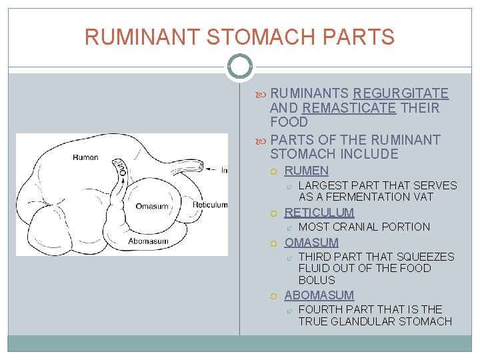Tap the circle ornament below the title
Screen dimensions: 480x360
point(239,67)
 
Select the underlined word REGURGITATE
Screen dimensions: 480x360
point(401,93)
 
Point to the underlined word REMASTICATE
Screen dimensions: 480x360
point(349,108)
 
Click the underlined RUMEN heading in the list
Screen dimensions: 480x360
point(307,171)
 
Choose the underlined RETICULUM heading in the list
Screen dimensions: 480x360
point(319,213)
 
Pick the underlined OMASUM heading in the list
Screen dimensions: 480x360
point(311,243)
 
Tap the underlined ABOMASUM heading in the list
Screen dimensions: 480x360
point(319,295)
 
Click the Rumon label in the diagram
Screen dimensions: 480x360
point(86,158)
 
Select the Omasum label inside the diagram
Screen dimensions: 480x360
point(152,206)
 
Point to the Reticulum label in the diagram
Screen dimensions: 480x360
point(210,205)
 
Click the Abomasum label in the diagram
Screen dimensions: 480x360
point(148,241)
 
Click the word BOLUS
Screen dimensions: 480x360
point(317,280)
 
